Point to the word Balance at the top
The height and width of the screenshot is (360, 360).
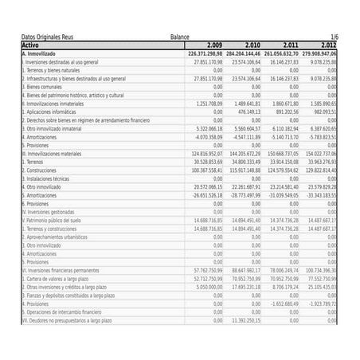pyautogui.click(x=180, y=37)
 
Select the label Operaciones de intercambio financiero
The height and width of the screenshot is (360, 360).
pyautogui.click(x=64, y=311)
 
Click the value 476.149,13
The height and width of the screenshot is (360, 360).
pyautogui.click(x=244, y=112)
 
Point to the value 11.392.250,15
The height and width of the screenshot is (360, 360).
pyautogui.click(x=242, y=320)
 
